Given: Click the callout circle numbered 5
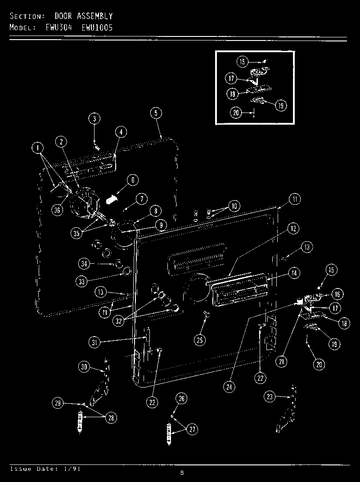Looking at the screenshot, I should [156, 113].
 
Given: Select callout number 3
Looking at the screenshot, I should [94, 119].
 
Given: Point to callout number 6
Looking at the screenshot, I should [132, 180].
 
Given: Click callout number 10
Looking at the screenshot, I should [234, 207].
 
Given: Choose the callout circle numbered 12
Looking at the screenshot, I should [293, 229].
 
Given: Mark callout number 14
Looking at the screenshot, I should [294, 272].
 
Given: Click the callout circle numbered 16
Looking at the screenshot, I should [337, 294].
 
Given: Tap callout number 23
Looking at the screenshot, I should [270, 396].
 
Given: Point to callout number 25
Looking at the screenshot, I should [200, 340].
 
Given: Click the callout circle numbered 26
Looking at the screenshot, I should [181, 398].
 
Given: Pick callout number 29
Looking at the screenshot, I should [58, 403].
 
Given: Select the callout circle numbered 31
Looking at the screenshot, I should [94, 342].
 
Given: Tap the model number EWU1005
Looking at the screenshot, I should [97, 27].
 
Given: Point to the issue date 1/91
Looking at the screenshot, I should [74, 469].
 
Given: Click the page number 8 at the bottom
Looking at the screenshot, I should [182, 473].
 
